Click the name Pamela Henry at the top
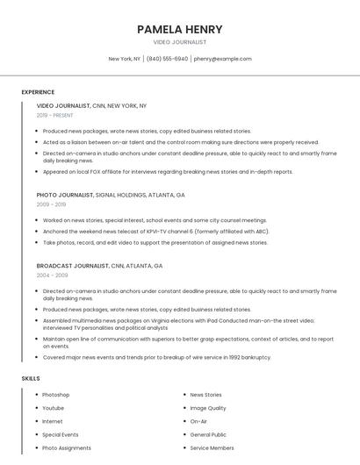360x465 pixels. click(x=180, y=29)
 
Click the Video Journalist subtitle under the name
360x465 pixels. click(x=180, y=42)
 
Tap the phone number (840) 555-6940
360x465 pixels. click(x=167, y=59)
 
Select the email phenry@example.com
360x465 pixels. click(x=222, y=59)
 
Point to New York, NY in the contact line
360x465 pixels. click(x=124, y=59)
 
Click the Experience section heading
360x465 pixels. click(x=38, y=92)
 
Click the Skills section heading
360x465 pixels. click(x=31, y=378)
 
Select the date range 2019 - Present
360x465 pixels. click(x=54, y=115)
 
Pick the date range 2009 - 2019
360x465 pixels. click(x=51, y=204)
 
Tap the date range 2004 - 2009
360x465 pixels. click(x=51, y=275)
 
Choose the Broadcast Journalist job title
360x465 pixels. click(x=73, y=265)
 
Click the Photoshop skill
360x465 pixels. click(x=55, y=395)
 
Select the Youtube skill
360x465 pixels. click(x=53, y=408)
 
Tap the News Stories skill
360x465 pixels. click(x=205, y=395)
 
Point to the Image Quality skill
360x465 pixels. click(x=207, y=408)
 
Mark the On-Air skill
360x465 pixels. click(x=198, y=421)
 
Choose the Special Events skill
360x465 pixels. click(x=60, y=434)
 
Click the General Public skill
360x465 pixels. click(x=208, y=434)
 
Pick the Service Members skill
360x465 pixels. click(x=212, y=447)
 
